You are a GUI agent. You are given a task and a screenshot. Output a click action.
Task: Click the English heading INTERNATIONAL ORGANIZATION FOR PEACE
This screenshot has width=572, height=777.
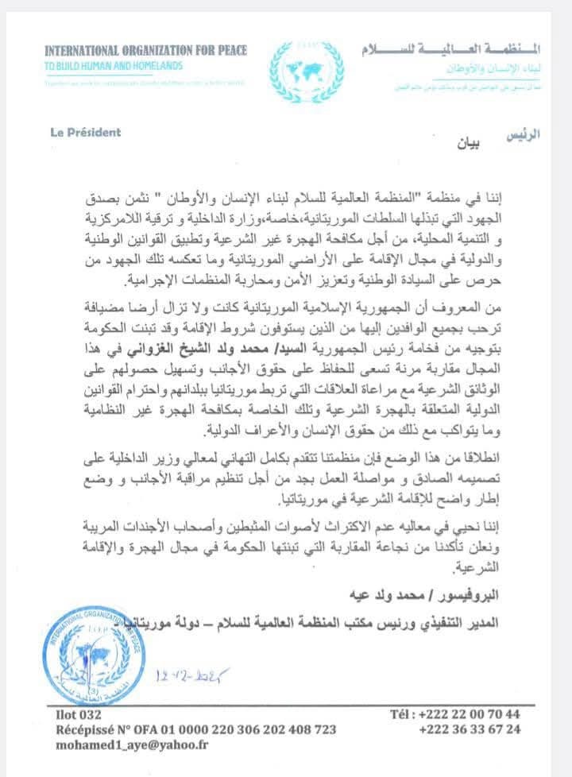tap(146, 50)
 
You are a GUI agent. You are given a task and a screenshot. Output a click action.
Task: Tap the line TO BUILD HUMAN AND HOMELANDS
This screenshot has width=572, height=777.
tap(114, 65)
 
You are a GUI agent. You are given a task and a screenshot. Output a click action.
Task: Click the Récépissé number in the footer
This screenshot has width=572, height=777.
tap(191, 729)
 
